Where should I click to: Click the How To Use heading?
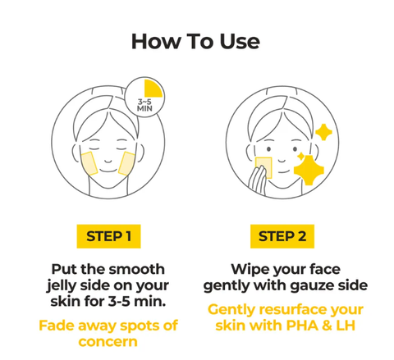(x=195, y=42)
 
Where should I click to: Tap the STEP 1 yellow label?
(x=108, y=236)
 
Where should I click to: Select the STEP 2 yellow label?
(x=282, y=236)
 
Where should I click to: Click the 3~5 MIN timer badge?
(x=144, y=97)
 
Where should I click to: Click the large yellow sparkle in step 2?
(x=309, y=170)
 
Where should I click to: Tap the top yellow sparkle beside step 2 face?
(x=323, y=132)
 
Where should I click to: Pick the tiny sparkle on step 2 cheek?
(x=300, y=157)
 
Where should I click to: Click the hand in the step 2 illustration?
(x=257, y=180)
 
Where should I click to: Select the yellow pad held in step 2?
(x=263, y=167)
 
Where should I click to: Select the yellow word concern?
(x=108, y=342)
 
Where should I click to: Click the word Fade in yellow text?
(x=57, y=326)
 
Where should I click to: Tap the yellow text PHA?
(x=302, y=326)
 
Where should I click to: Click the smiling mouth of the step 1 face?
(x=108, y=171)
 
